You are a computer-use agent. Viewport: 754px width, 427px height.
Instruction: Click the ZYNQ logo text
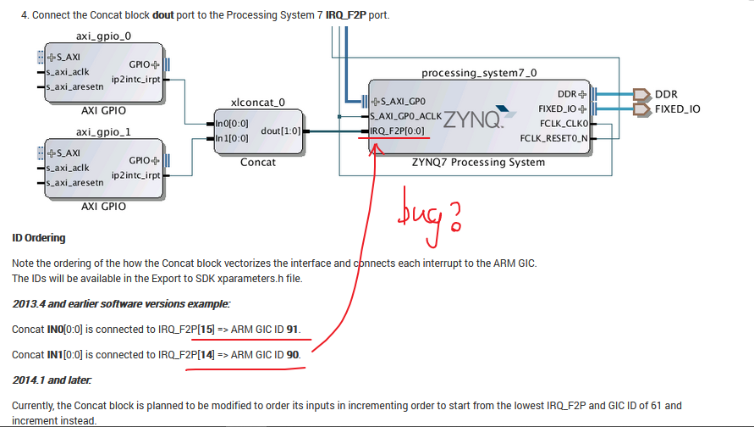pyautogui.click(x=473, y=119)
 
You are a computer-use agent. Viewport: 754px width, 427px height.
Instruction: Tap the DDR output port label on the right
pyautogui.click(x=666, y=94)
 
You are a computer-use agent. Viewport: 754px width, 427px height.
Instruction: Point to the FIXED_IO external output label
pyautogui.click(x=677, y=109)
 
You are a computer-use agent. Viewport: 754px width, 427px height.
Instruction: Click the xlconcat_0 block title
pyautogui.click(x=257, y=103)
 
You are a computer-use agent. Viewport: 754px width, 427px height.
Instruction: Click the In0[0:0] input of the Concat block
pyautogui.click(x=232, y=124)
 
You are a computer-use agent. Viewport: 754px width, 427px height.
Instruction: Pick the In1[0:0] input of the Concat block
pyautogui.click(x=232, y=137)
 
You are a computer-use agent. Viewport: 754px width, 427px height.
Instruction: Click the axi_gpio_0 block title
pyautogui.click(x=103, y=36)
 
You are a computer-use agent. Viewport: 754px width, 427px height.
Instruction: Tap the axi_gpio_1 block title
pyautogui.click(x=103, y=132)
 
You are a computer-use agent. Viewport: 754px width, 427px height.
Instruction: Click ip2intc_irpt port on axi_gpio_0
pyautogui.click(x=135, y=80)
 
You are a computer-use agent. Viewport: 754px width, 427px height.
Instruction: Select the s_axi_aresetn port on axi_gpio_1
pyautogui.click(x=74, y=182)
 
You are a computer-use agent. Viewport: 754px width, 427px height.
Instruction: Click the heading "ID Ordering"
pyautogui.click(x=39, y=238)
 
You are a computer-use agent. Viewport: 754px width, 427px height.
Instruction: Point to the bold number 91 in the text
pyautogui.click(x=293, y=329)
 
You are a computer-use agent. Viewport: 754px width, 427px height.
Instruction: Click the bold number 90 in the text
pyautogui.click(x=293, y=354)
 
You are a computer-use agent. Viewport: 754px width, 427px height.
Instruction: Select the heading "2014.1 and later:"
pyautogui.click(x=52, y=380)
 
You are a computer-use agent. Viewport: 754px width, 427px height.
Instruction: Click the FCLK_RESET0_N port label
pyautogui.click(x=553, y=137)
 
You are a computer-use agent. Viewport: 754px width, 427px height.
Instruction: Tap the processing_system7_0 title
pyautogui.click(x=479, y=74)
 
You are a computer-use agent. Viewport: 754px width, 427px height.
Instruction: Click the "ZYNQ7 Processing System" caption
pyautogui.click(x=479, y=163)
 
